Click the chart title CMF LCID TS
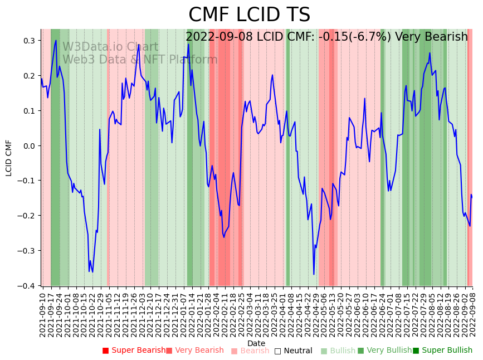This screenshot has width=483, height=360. click(x=249, y=15)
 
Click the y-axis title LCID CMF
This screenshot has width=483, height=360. click(x=9, y=158)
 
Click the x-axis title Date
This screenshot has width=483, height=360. click(x=256, y=343)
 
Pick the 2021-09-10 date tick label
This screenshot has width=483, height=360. click(x=42, y=315)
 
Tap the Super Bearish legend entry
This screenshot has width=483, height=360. click(x=134, y=351)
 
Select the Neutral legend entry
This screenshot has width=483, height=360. click(x=293, y=351)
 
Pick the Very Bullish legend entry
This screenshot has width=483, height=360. click(x=384, y=351)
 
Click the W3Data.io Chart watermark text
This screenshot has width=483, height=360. click(x=110, y=47)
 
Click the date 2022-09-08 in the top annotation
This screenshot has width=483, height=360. click(x=219, y=37)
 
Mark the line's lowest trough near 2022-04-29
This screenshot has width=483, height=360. click(x=314, y=274)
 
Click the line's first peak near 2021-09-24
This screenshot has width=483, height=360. click(x=56, y=40)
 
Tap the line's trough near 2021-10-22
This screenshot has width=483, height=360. click(x=92, y=272)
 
